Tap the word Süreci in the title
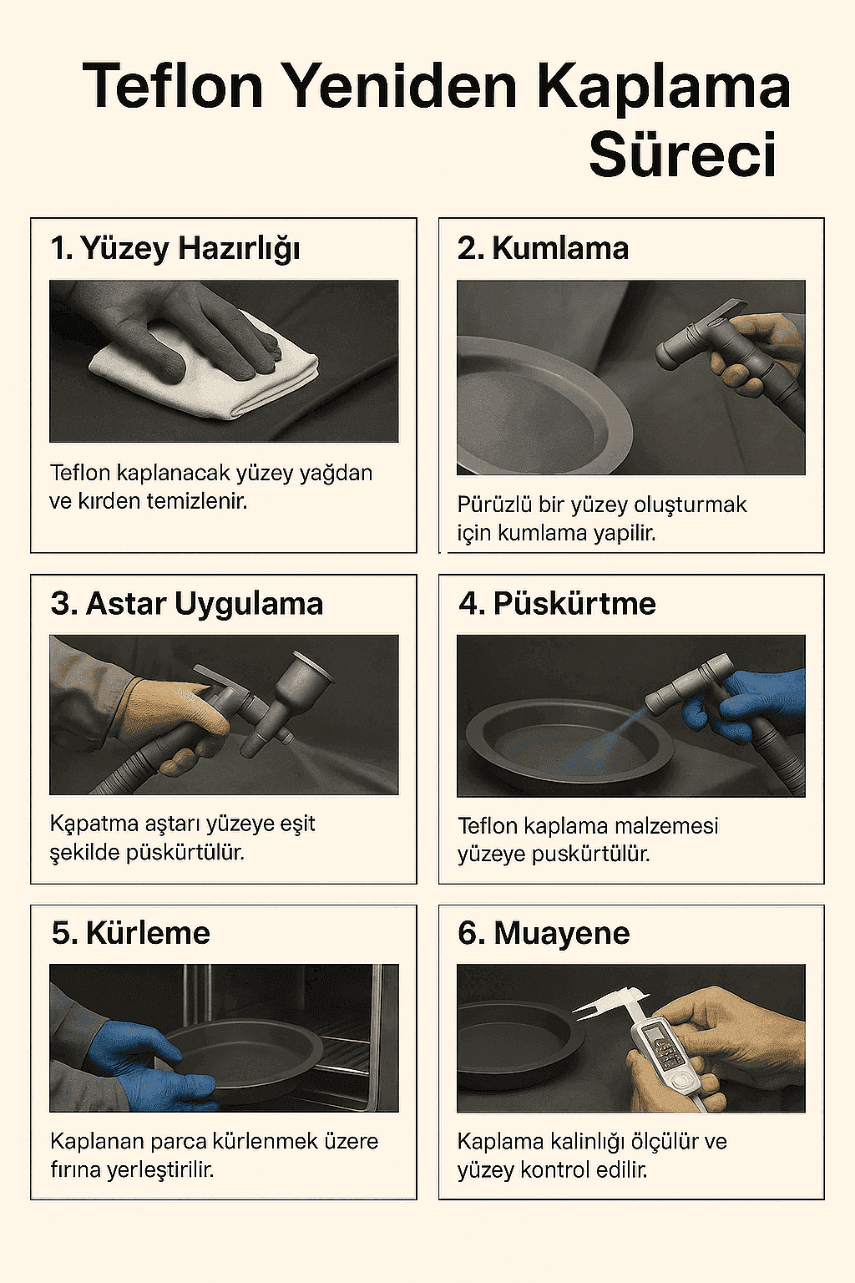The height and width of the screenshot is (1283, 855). tap(682, 155)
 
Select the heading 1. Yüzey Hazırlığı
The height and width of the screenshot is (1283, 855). tap(175, 248)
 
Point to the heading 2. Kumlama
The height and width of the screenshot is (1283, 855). tap(543, 248)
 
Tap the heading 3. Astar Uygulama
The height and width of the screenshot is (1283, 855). tap(187, 603)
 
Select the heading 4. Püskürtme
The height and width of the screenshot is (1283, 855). tap(557, 603)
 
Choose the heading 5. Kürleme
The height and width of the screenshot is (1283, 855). tap(130, 933)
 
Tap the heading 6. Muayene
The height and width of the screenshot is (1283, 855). tap(544, 933)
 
